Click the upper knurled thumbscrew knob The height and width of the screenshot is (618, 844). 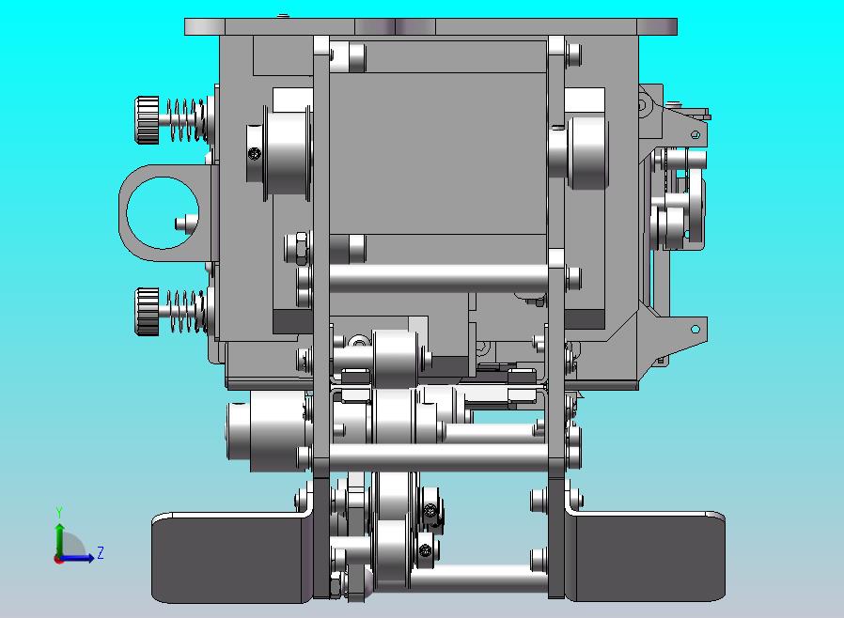click(147, 120)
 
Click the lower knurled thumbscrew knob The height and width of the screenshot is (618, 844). click(147, 311)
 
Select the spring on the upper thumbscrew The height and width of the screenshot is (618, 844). click(185, 120)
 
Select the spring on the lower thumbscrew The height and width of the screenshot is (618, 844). click(185, 311)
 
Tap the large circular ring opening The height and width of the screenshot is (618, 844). click(162, 213)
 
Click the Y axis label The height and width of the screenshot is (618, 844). click(59, 512)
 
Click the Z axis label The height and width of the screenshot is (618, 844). click(101, 552)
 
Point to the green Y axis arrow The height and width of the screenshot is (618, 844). click(59, 541)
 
